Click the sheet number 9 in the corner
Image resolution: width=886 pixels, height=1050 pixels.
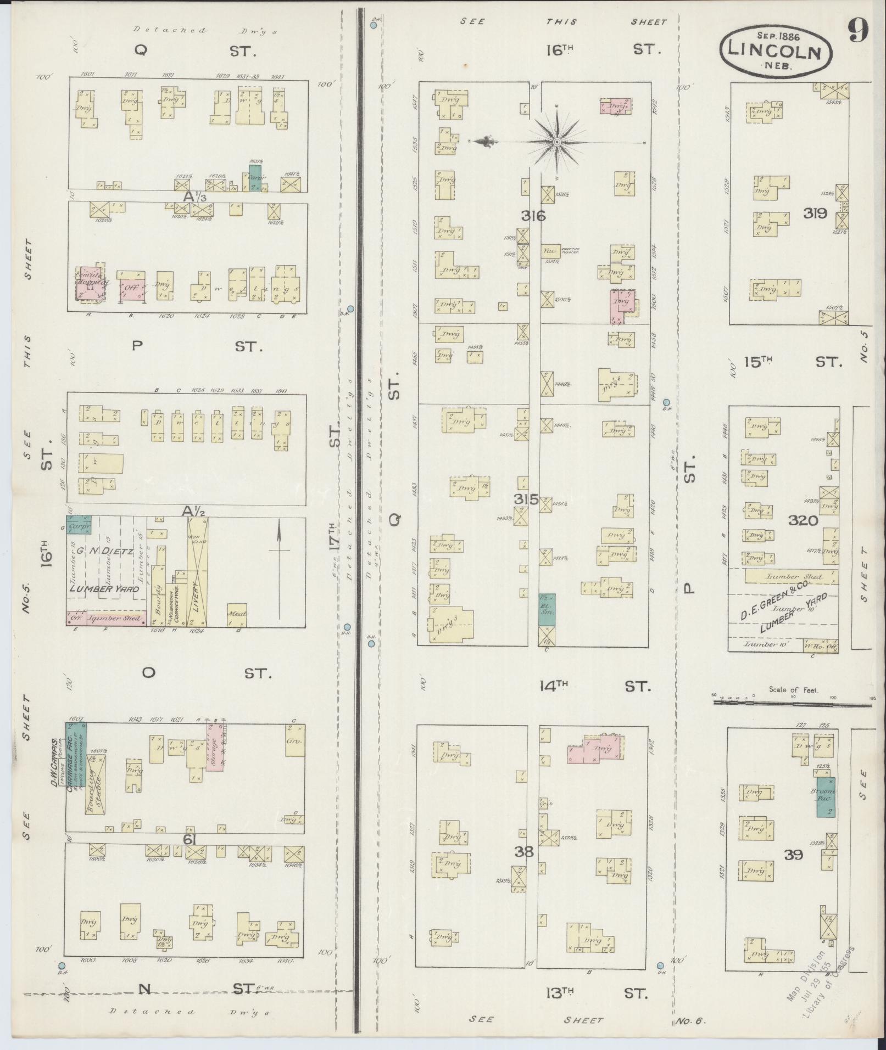pyautogui.click(x=857, y=31)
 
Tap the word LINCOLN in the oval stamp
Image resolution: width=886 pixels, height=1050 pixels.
pyautogui.click(x=774, y=51)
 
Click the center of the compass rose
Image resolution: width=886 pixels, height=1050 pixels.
pyautogui.click(x=556, y=142)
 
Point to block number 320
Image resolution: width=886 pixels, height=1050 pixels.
pyautogui.click(x=803, y=520)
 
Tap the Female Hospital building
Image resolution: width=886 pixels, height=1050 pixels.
pyautogui.click(x=90, y=286)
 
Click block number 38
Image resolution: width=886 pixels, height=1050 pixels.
pyautogui.click(x=525, y=851)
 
